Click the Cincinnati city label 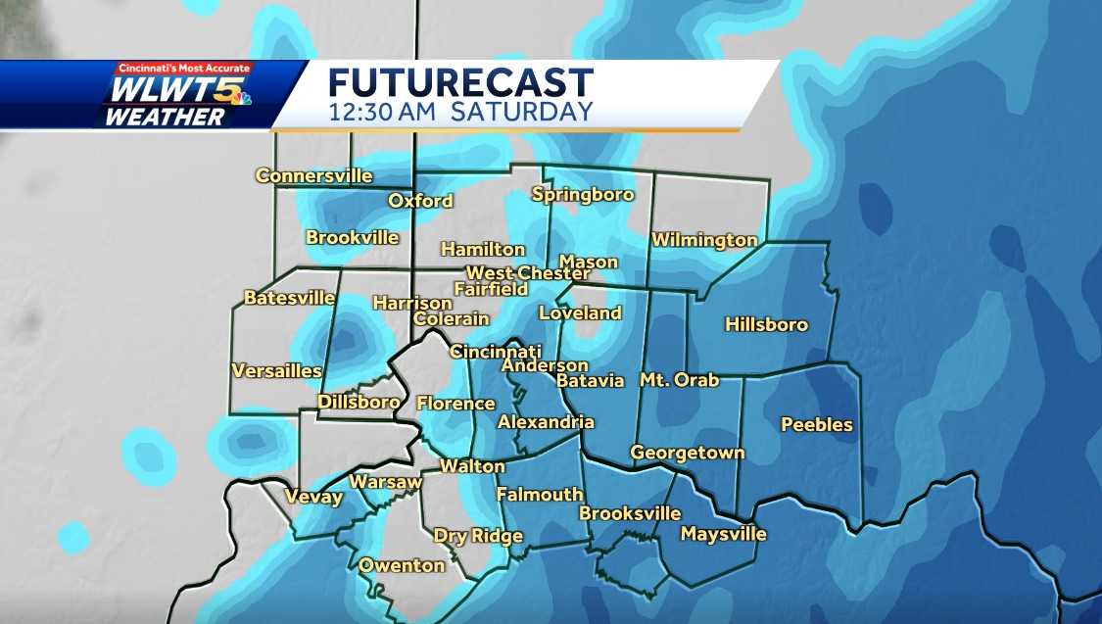coord(495,351)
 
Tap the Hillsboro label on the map coord(766,324)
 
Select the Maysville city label coord(723,534)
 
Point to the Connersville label coord(313,176)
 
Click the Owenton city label coord(401,565)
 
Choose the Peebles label coord(816,424)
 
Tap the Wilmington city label coord(704,240)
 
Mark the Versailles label coord(276,370)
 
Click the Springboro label coord(583,194)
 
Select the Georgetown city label coord(687,453)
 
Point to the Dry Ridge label coord(478,536)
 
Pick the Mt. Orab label coord(679,380)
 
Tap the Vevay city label coord(313,497)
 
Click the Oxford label coord(420,201)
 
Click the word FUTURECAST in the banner coord(460,81)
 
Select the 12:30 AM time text coord(384,111)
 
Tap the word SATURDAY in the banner coord(522,111)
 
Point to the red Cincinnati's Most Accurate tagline coord(183,69)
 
